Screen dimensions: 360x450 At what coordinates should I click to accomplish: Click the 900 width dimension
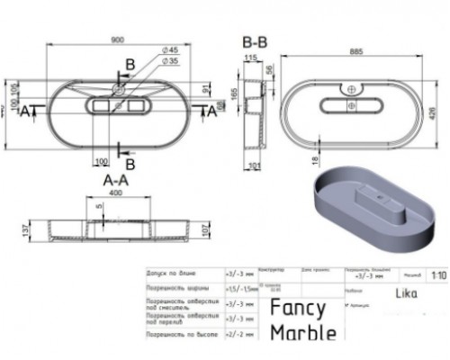[118, 42]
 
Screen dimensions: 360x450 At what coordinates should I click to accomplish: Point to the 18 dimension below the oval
[313, 161]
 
